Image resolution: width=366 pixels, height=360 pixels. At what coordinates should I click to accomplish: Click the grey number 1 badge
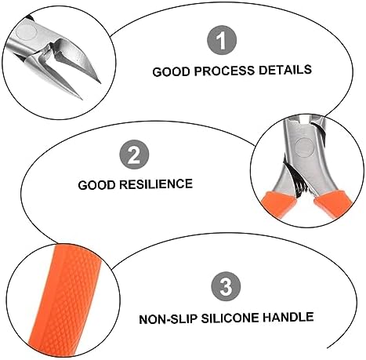pyautogui.click(x=222, y=40)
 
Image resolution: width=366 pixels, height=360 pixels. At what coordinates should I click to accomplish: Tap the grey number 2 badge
pyautogui.click(x=134, y=155)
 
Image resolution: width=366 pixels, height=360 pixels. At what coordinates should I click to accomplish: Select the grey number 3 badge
pyautogui.click(x=226, y=286)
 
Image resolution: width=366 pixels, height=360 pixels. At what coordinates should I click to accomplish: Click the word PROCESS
pyautogui.click(x=224, y=71)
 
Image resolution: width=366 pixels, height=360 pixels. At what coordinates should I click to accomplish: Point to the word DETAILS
pyautogui.click(x=285, y=70)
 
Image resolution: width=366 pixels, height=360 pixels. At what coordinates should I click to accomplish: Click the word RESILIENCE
pyautogui.click(x=156, y=184)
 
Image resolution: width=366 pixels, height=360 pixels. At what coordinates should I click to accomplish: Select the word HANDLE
pyautogui.click(x=288, y=317)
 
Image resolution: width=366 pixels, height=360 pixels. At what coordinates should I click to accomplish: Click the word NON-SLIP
pyautogui.click(x=168, y=319)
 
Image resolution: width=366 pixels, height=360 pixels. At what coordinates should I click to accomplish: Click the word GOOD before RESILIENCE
pyautogui.click(x=96, y=185)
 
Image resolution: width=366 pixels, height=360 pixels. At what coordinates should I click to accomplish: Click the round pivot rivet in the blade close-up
pyautogui.click(x=27, y=31)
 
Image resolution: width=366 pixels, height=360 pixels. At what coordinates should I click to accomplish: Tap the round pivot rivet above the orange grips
pyautogui.click(x=303, y=147)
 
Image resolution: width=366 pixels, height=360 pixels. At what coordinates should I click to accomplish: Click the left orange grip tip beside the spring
pyautogui.click(x=279, y=205)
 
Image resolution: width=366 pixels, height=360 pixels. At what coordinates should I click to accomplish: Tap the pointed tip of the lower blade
pyautogui.click(x=82, y=99)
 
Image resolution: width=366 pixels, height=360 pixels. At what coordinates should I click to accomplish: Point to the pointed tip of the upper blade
pyautogui.click(x=100, y=82)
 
